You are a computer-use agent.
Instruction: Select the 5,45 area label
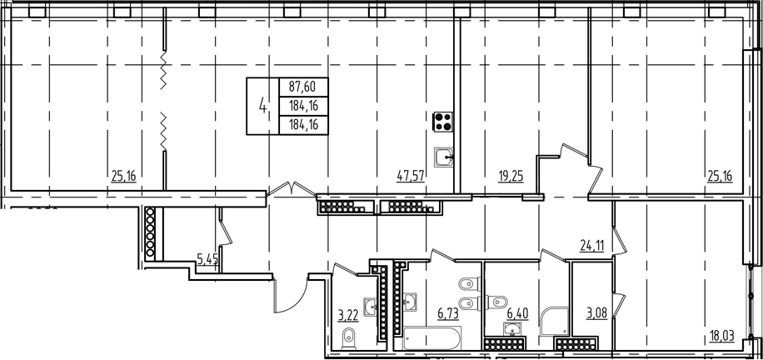206,259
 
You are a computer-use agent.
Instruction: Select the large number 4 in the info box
264,106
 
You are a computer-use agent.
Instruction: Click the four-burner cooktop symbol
442,122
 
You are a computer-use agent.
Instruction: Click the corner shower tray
551,320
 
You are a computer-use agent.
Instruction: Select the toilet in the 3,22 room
350,337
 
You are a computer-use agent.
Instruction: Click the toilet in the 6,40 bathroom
501,299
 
